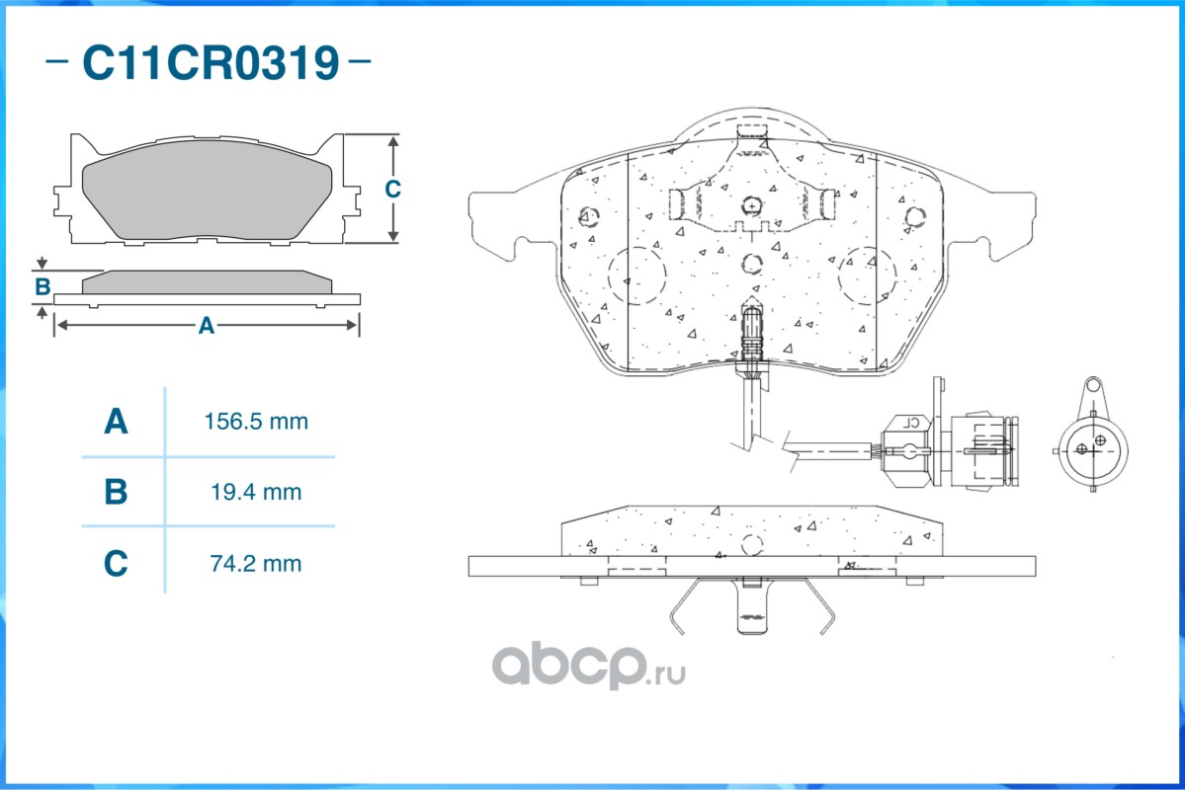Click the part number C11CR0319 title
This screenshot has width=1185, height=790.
coord(211,62)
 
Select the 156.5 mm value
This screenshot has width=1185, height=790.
coord(256,422)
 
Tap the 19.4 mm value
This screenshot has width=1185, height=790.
coord(256,493)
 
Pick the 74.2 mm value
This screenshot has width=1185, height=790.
coord(256,564)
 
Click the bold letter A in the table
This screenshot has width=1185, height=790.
coord(116,422)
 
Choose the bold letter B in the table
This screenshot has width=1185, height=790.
coord(116,493)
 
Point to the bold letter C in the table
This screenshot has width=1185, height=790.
coord(116,564)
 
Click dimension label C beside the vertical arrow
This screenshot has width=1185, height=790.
coord(393,189)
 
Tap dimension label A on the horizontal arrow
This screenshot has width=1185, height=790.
coord(207,326)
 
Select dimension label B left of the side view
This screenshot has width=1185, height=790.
coord(42,287)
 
